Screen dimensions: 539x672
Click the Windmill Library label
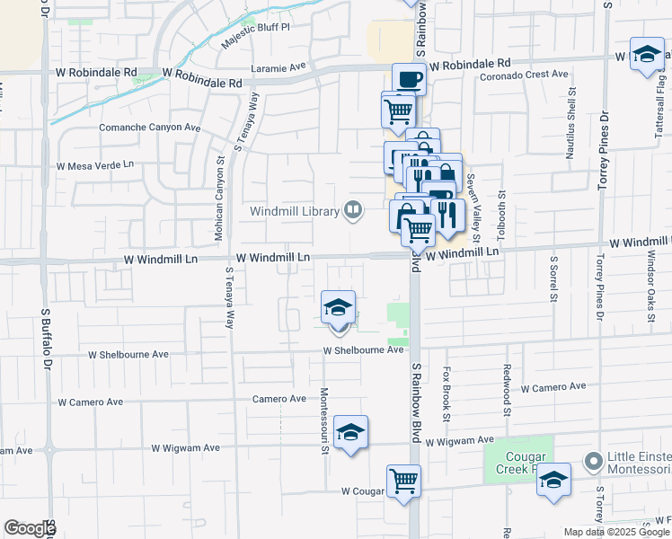point(295,212)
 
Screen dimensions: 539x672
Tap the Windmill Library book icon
point(354,212)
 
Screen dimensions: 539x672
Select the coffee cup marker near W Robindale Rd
point(409,78)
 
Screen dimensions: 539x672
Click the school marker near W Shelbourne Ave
point(339,307)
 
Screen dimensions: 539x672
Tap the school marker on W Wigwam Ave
point(351,433)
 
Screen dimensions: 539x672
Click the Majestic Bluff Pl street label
point(256,40)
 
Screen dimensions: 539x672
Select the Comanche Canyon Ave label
point(149,128)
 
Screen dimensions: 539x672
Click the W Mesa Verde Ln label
point(94,165)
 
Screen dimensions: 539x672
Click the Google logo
point(30,529)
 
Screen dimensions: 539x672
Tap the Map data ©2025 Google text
point(615,532)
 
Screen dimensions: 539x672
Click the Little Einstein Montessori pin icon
point(592,463)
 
